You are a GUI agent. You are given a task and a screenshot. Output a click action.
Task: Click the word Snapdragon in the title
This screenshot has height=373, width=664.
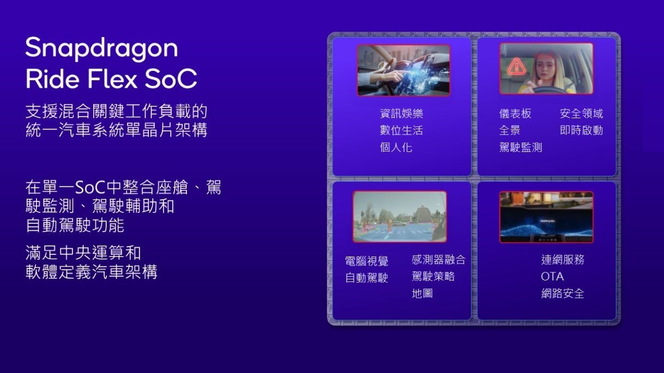click(102, 48)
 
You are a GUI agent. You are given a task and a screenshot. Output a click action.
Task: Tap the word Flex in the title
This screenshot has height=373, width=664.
click(112, 79)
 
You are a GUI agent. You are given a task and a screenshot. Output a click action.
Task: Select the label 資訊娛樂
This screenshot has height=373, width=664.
click(401, 113)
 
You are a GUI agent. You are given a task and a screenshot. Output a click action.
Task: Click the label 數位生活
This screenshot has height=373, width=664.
click(401, 130)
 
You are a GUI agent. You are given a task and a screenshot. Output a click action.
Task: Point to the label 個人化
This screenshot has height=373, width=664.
click(396, 147)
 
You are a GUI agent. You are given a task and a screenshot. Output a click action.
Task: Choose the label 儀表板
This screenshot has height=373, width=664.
click(515, 113)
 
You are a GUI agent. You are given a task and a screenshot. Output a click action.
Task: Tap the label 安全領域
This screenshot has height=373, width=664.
click(581, 113)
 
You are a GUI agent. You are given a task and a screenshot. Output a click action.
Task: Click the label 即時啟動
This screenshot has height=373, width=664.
click(581, 130)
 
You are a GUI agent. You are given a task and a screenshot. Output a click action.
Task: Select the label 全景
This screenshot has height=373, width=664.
click(510, 130)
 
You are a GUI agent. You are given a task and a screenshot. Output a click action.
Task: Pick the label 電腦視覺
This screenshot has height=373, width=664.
click(367, 261)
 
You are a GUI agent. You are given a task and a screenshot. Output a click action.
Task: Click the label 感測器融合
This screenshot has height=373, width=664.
click(438, 260)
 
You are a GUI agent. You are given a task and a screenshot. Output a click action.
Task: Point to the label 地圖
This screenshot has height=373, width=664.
click(422, 293)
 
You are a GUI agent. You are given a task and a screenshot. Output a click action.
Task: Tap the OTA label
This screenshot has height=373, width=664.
click(552, 277)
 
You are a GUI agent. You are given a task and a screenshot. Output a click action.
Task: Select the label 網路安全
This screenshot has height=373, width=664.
click(563, 293)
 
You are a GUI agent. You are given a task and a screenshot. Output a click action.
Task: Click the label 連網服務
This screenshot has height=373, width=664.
click(563, 260)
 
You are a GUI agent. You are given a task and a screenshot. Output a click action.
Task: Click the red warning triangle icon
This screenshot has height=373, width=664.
click(516, 67)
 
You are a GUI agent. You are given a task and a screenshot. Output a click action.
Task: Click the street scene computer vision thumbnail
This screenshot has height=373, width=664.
click(400, 217)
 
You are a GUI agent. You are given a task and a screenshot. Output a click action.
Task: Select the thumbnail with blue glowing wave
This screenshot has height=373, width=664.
click(546, 217)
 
